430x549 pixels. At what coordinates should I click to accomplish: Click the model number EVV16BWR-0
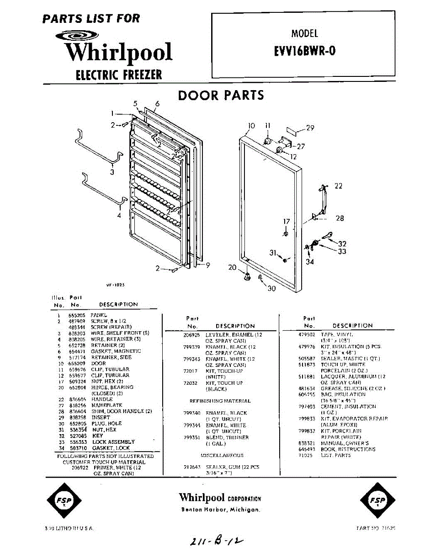304,51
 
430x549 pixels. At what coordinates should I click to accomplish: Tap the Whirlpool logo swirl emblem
77,36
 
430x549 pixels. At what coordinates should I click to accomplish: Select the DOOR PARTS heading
221,95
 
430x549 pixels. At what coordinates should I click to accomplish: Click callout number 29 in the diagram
310,128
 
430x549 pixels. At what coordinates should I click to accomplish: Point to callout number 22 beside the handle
338,186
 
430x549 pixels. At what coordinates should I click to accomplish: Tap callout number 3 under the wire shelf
112,172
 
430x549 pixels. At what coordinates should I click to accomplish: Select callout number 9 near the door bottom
207,264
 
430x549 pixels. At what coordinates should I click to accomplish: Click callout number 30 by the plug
271,289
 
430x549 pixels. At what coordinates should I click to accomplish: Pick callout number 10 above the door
251,126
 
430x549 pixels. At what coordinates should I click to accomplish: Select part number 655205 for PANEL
75,315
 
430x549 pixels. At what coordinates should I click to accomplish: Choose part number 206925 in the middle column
192,335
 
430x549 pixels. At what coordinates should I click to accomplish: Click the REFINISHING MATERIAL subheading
220,401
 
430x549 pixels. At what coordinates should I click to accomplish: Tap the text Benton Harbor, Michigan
220,510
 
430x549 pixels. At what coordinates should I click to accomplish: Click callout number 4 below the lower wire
119,215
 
